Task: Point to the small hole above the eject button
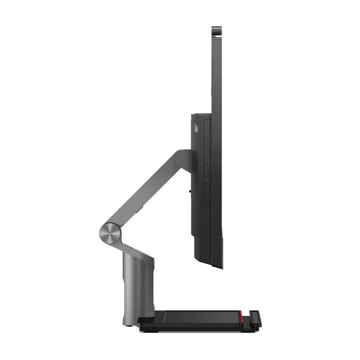tap(207, 166)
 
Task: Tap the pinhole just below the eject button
tap(207, 183)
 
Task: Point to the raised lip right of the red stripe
tap(255, 317)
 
